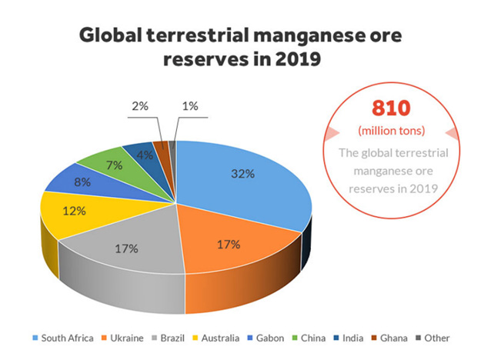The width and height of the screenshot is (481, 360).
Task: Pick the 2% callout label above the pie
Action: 140,106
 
